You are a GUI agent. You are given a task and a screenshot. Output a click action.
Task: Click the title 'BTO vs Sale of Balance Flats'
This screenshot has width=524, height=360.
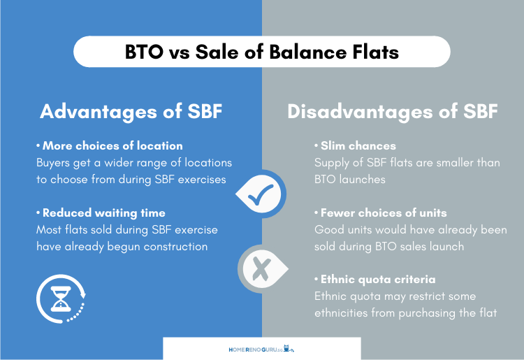pos(262,52)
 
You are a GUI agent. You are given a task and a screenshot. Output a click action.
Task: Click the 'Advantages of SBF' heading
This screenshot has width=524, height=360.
pos(131,112)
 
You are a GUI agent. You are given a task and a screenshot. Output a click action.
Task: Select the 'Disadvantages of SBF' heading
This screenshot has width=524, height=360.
pos(393,112)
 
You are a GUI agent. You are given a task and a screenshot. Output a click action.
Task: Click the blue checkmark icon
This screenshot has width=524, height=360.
pos(261,194)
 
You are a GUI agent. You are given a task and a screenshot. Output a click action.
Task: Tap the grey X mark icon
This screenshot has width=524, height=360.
pos(262,268)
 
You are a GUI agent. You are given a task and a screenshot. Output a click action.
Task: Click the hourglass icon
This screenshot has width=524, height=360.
pos(61,298)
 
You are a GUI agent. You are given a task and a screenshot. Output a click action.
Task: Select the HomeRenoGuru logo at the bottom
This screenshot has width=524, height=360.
pos(261,350)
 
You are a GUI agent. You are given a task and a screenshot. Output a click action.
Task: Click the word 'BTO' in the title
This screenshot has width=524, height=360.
pos(144,52)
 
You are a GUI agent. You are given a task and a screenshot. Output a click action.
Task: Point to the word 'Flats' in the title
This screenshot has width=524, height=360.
pos(376,52)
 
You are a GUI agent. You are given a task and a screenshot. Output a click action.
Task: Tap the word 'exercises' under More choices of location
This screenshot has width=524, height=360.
pos(202,180)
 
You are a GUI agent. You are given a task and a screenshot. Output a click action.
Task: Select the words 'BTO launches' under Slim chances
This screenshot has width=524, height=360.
pos(350,180)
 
